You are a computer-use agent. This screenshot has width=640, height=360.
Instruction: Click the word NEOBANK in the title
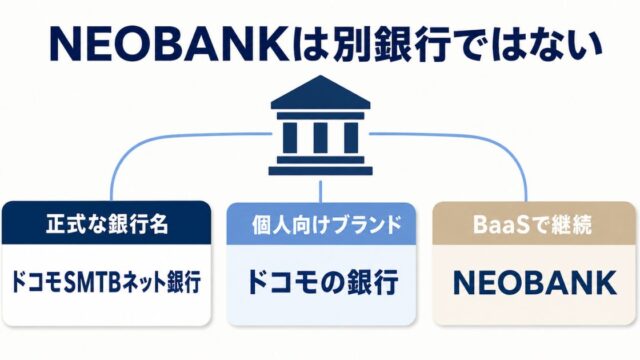169,44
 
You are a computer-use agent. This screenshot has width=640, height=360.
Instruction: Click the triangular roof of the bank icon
320,92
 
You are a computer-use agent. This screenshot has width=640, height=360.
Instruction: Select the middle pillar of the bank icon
320,138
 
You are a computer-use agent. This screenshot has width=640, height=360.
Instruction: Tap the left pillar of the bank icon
290,138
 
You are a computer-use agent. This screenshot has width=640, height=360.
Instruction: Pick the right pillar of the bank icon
351,138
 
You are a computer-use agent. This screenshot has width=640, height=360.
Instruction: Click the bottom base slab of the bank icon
320,171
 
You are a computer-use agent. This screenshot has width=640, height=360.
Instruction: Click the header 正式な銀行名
107,224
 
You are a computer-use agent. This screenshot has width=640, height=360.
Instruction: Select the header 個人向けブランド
327,225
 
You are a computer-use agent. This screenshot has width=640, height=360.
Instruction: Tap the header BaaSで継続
532,224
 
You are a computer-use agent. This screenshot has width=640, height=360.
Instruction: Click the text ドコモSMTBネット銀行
107,282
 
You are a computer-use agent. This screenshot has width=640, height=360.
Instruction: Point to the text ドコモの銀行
322,282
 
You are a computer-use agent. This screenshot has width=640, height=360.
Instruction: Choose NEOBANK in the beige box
535,283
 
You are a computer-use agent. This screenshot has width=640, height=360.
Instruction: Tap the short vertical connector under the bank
320,191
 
